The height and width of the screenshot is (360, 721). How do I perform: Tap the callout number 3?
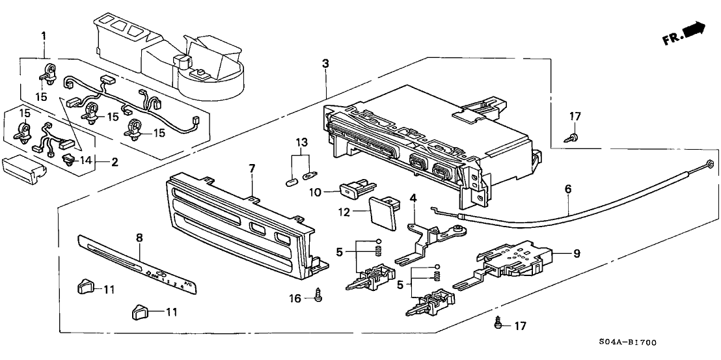click(x=325, y=63)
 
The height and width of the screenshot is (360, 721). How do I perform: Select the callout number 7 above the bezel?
click(x=252, y=169)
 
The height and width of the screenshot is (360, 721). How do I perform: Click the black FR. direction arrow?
click(x=696, y=29)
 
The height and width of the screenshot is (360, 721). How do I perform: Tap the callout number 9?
click(x=577, y=253)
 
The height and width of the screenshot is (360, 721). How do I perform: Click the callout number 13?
click(x=300, y=142)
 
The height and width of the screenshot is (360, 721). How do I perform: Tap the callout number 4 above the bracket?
click(x=413, y=197)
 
